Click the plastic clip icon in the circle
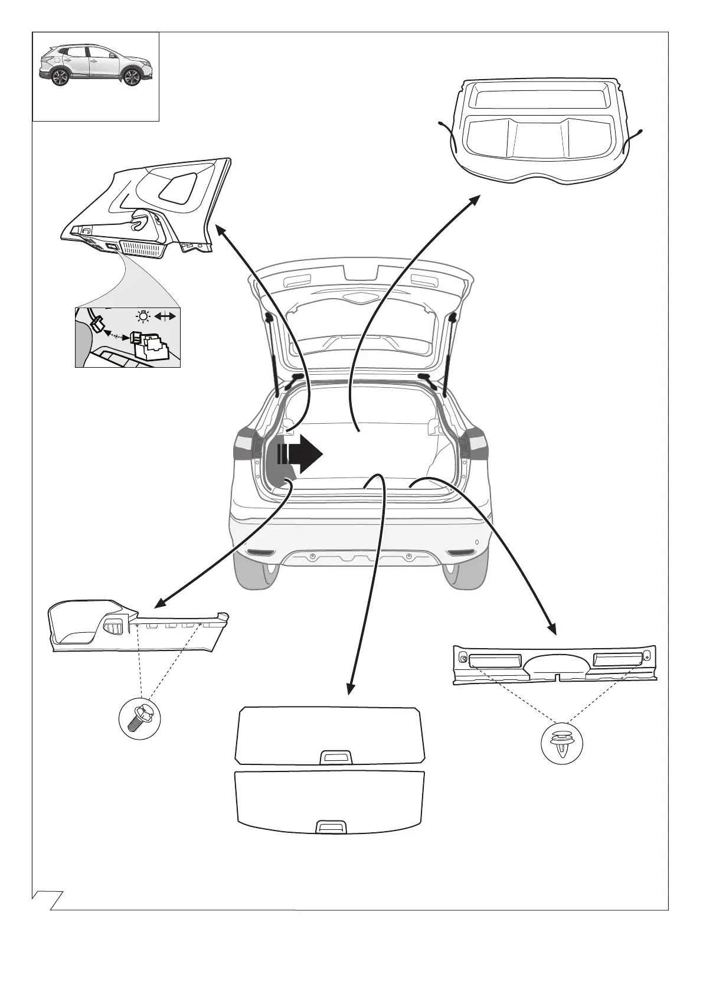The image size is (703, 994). [x=561, y=743]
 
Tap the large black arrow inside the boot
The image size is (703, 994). [x=302, y=455]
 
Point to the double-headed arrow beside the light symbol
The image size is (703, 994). [x=165, y=317]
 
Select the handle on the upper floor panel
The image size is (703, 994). [x=336, y=757]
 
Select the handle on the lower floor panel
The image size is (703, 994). [x=332, y=827]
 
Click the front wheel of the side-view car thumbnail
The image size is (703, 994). [x=132, y=77]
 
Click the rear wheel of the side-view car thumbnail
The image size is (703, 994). [x=60, y=77]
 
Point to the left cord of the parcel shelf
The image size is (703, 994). [x=449, y=133]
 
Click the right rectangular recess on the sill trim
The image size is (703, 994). [x=616, y=659]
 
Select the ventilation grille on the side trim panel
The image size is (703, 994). [x=142, y=248]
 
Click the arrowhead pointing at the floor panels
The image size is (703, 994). [x=351, y=689]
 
